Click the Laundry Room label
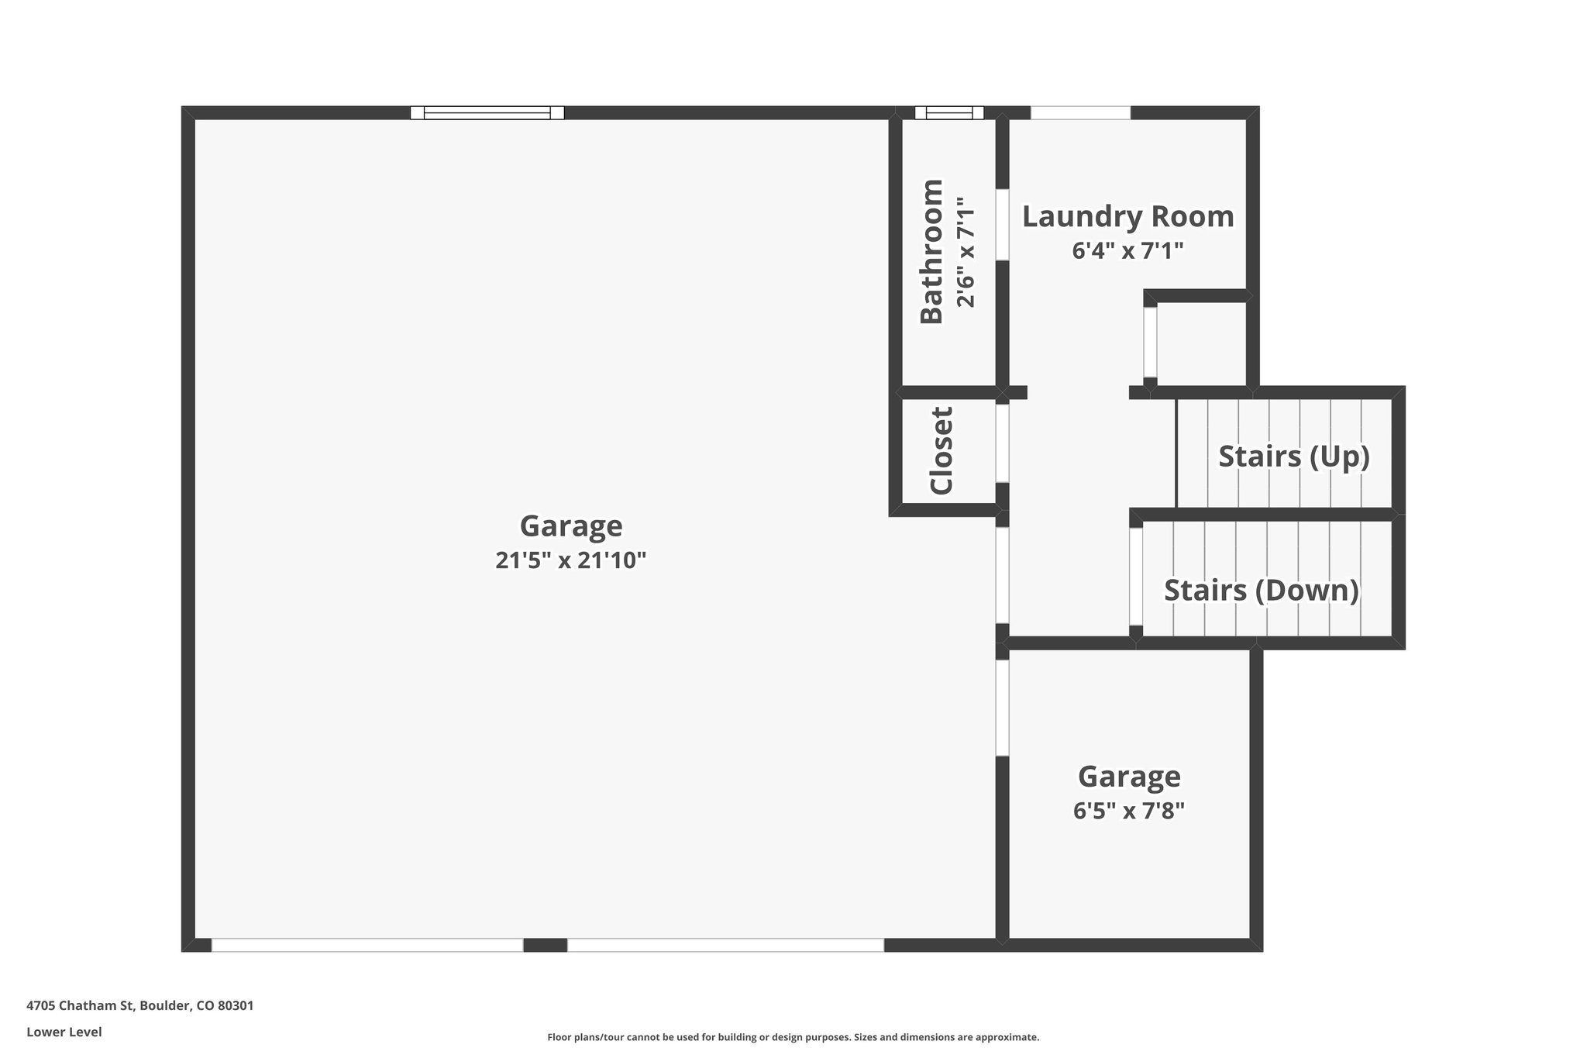1127,217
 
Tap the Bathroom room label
931,251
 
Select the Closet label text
941,451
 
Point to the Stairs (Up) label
1294,457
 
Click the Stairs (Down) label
1262,591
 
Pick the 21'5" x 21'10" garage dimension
570,560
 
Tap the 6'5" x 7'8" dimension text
1129,811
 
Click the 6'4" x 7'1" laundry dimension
1128,251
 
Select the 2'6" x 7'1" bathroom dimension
966,252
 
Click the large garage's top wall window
487,113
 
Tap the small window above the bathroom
949,113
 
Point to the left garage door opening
367,946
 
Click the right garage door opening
725,946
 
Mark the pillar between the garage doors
546,946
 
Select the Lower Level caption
64,1032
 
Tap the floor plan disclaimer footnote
793,1037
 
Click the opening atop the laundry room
1080,113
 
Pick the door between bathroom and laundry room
1002,225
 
